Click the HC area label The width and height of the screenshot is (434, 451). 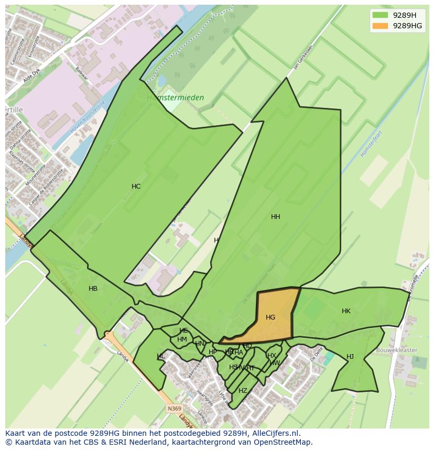(x=136, y=186)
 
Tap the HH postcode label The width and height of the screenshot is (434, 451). (x=275, y=217)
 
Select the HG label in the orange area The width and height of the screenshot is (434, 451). (x=270, y=317)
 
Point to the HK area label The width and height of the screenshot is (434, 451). (x=346, y=311)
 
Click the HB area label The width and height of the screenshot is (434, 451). (x=93, y=289)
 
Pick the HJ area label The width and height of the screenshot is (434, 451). (x=350, y=357)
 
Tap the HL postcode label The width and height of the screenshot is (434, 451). (x=160, y=357)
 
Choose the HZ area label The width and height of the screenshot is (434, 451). (x=243, y=391)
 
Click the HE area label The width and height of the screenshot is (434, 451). (x=183, y=331)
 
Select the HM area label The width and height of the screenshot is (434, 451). (x=182, y=339)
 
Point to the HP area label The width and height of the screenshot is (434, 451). (x=212, y=352)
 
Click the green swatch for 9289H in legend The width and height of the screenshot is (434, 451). (x=380, y=15)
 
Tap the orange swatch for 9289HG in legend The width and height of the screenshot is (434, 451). (x=380, y=26)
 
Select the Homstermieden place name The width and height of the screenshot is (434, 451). (x=175, y=98)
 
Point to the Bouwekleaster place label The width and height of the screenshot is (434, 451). (x=397, y=350)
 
